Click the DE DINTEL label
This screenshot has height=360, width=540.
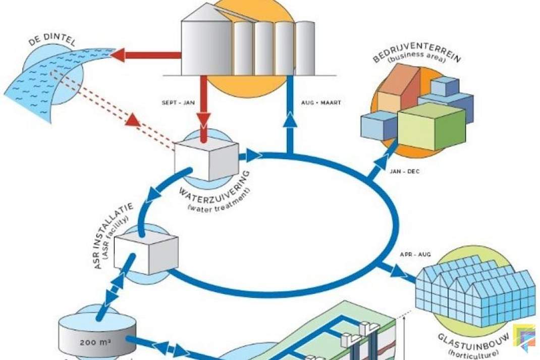pyautogui.click(x=51, y=40)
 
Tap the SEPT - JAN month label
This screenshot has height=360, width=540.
pyautogui.click(x=178, y=102)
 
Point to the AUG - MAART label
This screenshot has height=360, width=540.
pyautogui.click(x=321, y=102)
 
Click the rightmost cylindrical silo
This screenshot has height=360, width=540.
pyautogui.click(x=305, y=48)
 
